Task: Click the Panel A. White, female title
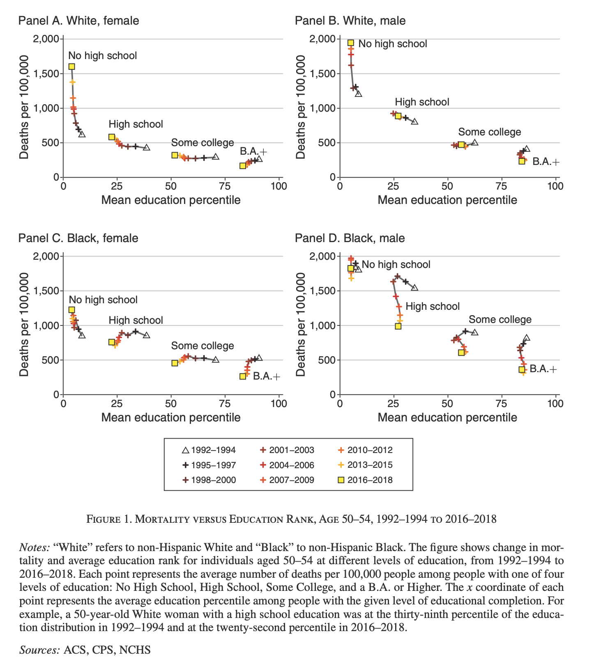[78, 21]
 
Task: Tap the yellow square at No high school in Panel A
[71, 66]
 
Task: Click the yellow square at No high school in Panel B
[351, 43]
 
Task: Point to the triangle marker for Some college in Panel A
[216, 157]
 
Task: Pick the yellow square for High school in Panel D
[398, 326]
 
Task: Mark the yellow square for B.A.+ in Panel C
[243, 376]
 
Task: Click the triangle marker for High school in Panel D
[414, 288]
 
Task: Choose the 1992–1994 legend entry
[209, 450]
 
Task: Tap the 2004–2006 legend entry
[287, 465]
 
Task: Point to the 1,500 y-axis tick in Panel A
[47, 74]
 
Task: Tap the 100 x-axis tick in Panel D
[555, 404]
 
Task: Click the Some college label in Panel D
[500, 320]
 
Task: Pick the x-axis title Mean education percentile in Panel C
[170, 418]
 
